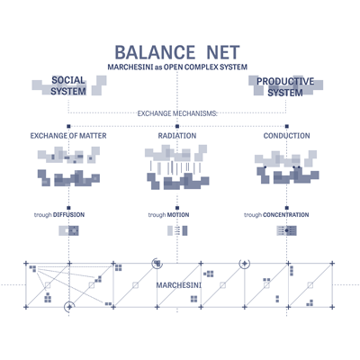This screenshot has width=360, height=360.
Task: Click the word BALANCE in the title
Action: click(x=155, y=52)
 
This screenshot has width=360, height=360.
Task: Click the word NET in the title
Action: click(x=223, y=52)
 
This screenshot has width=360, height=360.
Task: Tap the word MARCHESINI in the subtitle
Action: click(x=130, y=67)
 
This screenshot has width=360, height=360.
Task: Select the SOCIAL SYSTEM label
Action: click(x=68, y=85)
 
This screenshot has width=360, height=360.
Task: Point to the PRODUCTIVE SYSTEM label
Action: click(x=285, y=86)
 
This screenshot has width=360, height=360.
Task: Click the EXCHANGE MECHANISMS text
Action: click(x=177, y=113)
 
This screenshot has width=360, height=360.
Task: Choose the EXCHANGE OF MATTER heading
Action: click(x=68, y=136)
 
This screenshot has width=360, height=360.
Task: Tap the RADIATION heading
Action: click(x=177, y=136)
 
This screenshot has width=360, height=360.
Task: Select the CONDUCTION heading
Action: click(x=286, y=136)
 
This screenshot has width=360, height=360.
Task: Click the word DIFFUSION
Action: click(x=68, y=215)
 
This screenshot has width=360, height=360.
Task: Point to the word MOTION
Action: click(x=178, y=215)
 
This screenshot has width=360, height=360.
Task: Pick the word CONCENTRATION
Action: click(x=286, y=215)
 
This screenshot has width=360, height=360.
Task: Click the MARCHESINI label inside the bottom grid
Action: click(x=179, y=285)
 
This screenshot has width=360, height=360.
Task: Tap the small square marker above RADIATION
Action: click(x=177, y=126)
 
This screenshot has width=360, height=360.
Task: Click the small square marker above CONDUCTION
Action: click(x=287, y=126)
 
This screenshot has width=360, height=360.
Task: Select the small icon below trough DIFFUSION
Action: click(x=68, y=230)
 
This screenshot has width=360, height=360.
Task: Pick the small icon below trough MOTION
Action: click(x=177, y=230)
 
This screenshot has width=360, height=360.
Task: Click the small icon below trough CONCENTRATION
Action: click(x=287, y=230)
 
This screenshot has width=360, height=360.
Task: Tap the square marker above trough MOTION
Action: click(x=177, y=208)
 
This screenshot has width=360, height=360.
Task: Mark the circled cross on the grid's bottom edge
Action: click(x=69, y=307)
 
